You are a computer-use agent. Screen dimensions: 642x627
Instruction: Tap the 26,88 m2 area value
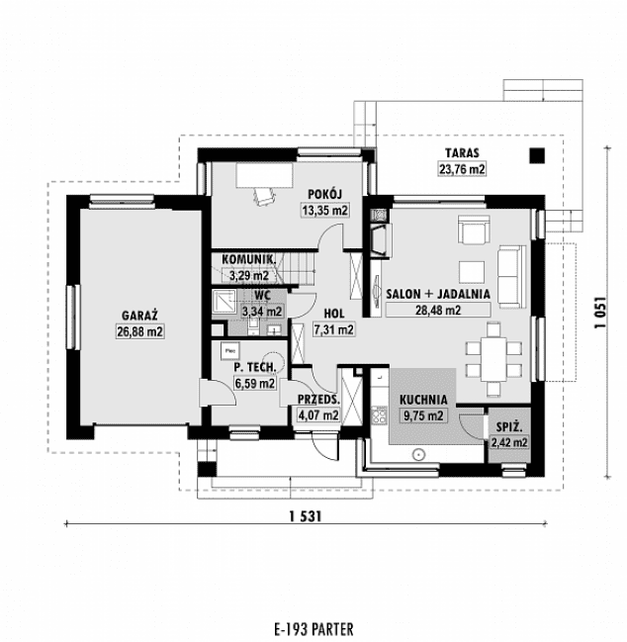point(139,331)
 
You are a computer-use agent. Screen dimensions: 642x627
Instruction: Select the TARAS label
point(462,153)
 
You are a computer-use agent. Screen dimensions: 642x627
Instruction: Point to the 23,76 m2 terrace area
point(462,169)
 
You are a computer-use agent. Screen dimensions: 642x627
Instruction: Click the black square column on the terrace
point(537,155)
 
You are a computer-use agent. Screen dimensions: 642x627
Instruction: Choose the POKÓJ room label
point(324,194)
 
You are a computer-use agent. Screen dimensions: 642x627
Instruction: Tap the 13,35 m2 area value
point(324,210)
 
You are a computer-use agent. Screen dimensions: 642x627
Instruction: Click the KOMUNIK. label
point(248,259)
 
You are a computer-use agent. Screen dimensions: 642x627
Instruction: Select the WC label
point(262,295)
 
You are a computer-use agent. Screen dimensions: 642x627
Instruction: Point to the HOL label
point(333,313)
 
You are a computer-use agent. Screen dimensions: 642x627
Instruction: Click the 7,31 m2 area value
point(333,329)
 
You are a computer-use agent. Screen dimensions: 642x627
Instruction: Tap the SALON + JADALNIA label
point(438,294)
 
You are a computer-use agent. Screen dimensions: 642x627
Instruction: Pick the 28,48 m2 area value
point(438,310)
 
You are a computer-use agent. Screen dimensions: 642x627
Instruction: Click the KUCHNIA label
point(423,400)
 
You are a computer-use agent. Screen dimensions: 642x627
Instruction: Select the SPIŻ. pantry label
point(509,426)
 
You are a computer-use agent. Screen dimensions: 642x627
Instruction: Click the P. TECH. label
point(254,367)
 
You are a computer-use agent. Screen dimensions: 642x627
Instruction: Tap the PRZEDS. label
point(318,400)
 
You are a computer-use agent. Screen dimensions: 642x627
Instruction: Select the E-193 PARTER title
point(312,628)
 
